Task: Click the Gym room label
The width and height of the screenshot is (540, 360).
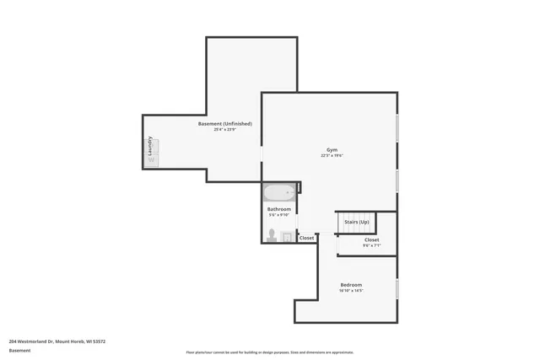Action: pyautogui.click(x=331, y=148)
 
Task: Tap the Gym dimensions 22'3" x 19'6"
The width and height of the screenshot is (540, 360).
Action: pyautogui.click(x=331, y=156)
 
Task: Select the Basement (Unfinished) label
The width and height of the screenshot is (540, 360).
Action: pyautogui.click(x=224, y=124)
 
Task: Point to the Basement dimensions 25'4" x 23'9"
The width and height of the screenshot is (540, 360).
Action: pyautogui.click(x=224, y=131)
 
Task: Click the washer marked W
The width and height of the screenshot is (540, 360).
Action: pyautogui.click(x=151, y=160)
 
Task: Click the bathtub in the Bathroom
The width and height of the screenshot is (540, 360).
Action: pyautogui.click(x=278, y=192)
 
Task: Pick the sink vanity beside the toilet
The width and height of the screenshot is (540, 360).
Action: pyautogui.click(x=287, y=237)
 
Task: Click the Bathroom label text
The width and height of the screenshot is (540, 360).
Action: pyautogui.click(x=278, y=209)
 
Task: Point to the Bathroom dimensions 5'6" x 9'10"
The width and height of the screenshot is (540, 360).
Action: pyautogui.click(x=278, y=216)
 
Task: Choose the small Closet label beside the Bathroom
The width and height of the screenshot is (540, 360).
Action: pyautogui.click(x=306, y=239)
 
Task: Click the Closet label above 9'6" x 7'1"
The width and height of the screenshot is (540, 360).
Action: pyautogui.click(x=371, y=239)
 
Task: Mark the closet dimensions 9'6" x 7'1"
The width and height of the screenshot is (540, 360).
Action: pyautogui.click(x=371, y=246)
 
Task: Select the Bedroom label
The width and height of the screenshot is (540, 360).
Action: pyautogui.click(x=351, y=285)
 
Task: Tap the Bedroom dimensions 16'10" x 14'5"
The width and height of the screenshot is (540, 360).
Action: pyautogui.click(x=351, y=292)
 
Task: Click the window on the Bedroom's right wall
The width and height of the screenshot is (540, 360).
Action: pyautogui.click(x=397, y=288)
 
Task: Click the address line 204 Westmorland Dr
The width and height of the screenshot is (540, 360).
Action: pyautogui.click(x=57, y=341)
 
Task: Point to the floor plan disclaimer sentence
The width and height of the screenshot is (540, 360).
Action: pyautogui.click(x=269, y=352)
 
